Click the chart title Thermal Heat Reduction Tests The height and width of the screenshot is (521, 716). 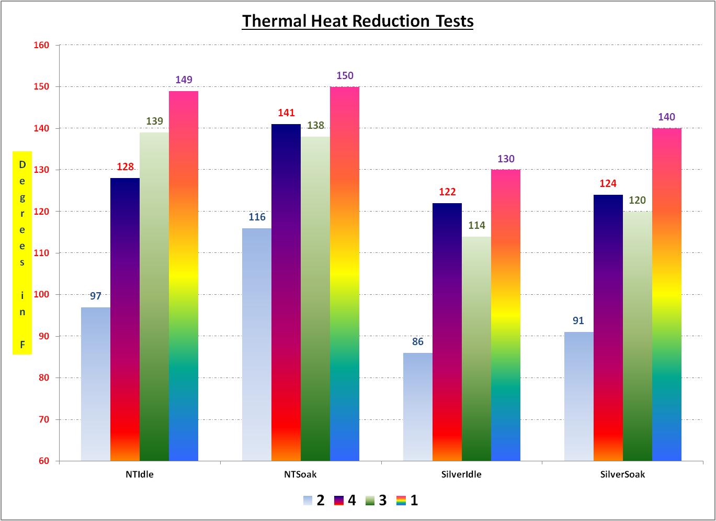pyautogui.click(x=358, y=21)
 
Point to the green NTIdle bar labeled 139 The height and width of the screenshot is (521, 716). pyautogui.click(x=154, y=296)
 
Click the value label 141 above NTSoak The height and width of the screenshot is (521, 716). pyautogui.click(x=286, y=113)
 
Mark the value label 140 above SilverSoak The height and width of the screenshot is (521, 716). pyautogui.click(x=666, y=117)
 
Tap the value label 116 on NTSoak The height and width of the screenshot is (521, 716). pyautogui.click(x=257, y=217)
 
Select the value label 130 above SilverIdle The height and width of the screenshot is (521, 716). pyautogui.click(x=506, y=159)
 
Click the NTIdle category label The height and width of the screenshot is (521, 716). pyautogui.click(x=140, y=475)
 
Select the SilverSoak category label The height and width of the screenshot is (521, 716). pyautogui.click(x=622, y=475)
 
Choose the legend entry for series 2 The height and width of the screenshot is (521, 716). pyautogui.click(x=314, y=501)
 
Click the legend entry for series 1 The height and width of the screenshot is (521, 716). pyautogui.click(x=408, y=501)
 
